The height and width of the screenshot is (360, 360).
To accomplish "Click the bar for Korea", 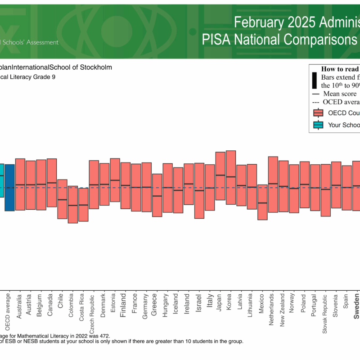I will [x=230, y=177].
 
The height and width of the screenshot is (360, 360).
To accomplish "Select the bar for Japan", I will [x=220, y=176].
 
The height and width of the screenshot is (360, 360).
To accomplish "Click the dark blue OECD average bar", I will [x=9, y=187].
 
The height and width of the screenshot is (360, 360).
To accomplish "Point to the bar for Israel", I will [x=199, y=190].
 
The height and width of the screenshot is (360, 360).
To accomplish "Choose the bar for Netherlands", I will [x=273, y=184].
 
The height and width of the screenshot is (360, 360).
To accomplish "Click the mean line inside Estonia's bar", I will [x=115, y=180].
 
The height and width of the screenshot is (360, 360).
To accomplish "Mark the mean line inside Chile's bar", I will [x=62, y=199].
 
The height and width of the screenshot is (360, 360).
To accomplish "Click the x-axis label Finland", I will [x=123, y=306].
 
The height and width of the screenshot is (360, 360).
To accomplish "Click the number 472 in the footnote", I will [x=103, y=336].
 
